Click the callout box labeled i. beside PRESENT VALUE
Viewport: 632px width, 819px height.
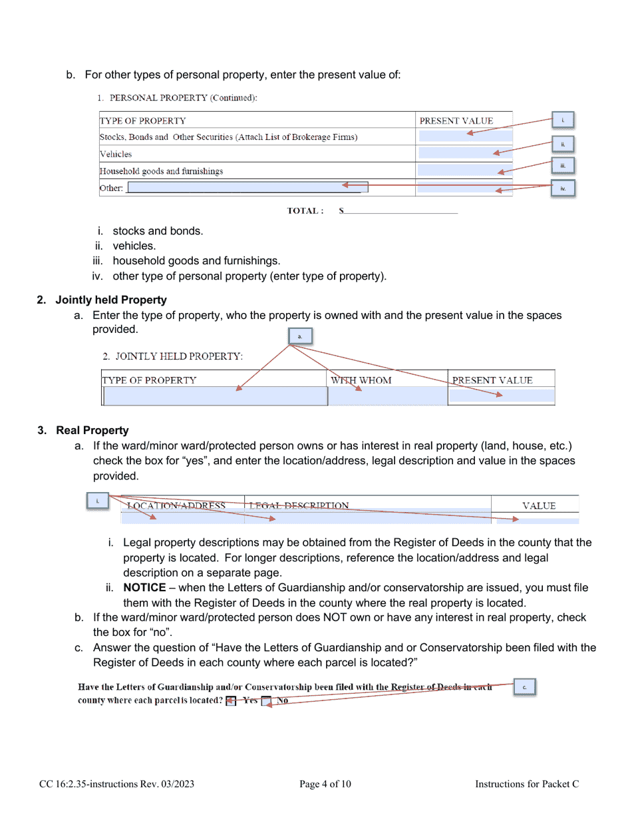tap(563, 121)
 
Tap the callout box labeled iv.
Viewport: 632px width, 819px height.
tap(563, 188)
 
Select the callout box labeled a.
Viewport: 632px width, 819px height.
tap(299, 336)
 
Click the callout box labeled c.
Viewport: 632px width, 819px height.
tap(525, 686)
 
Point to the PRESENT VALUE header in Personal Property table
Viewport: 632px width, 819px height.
tap(456, 121)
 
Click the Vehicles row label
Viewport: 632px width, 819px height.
tap(116, 154)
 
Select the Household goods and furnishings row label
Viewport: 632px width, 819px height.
tap(161, 171)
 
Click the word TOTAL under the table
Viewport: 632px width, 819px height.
tap(305, 211)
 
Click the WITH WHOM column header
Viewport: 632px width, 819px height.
tap(361, 380)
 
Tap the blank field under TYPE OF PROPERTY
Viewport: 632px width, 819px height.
tap(214, 396)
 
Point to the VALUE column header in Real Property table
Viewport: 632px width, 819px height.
tap(538, 505)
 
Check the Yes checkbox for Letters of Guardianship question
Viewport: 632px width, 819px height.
tap(230, 701)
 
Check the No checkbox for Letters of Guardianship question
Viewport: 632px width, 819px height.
tap(266, 701)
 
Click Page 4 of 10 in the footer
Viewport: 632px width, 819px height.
tap(325, 784)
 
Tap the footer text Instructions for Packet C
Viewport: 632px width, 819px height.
tap(527, 784)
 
